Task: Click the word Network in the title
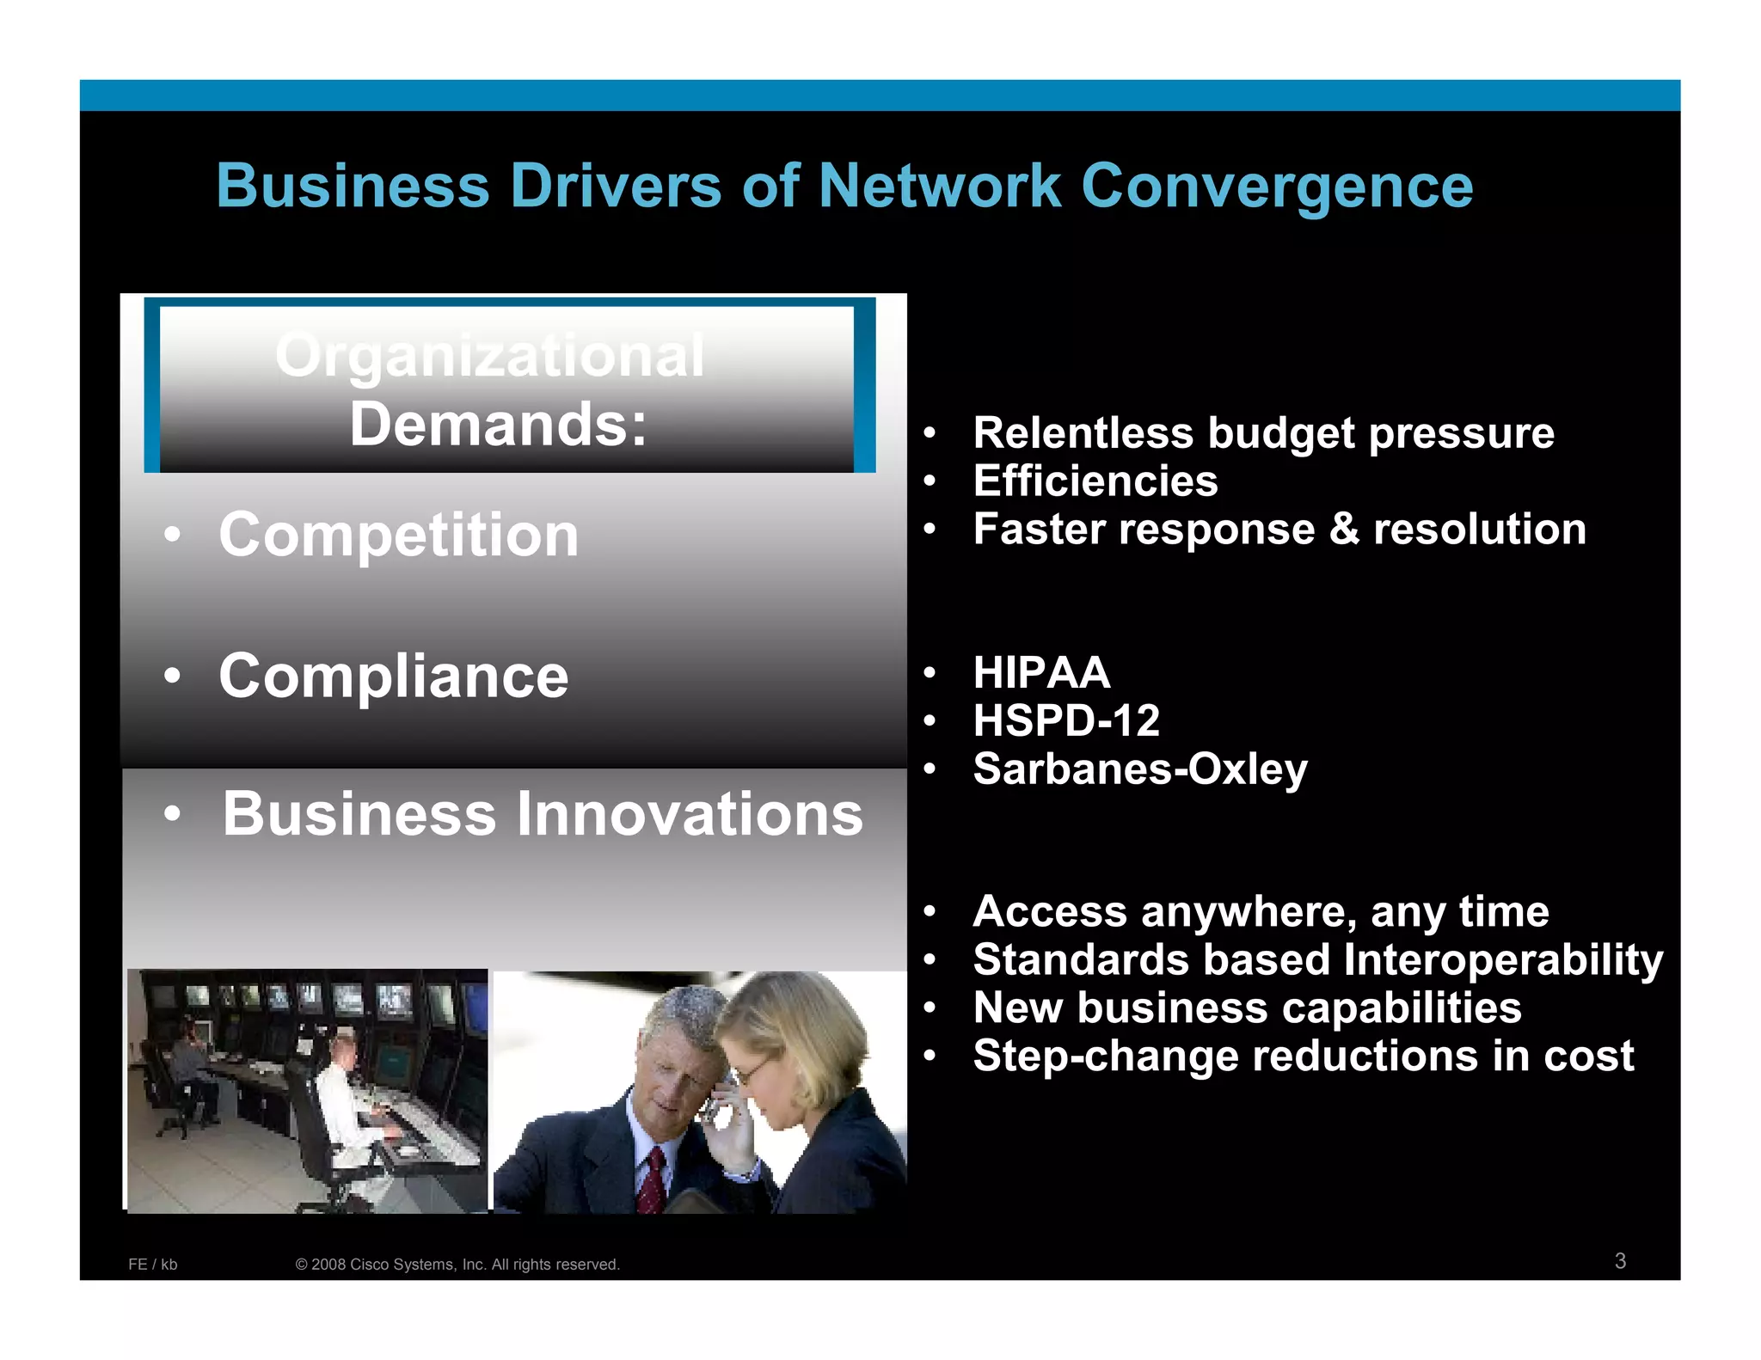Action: [939, 187]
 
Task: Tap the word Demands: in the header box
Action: [498, 425]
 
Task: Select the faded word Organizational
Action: [489, 355]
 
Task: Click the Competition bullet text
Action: [398, 535]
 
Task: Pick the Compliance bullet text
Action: [393, 676]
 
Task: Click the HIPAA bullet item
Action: [1040, 672]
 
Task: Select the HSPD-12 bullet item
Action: [1065, 720]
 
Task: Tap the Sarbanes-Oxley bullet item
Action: [1139, 769]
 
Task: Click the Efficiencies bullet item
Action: [1095, 481]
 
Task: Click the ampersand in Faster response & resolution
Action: [1343, 529]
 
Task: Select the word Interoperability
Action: [1502, 960]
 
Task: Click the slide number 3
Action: [1620, 1261]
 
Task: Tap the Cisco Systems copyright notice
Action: [457, 1265]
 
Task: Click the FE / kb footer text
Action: [152, 1265]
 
